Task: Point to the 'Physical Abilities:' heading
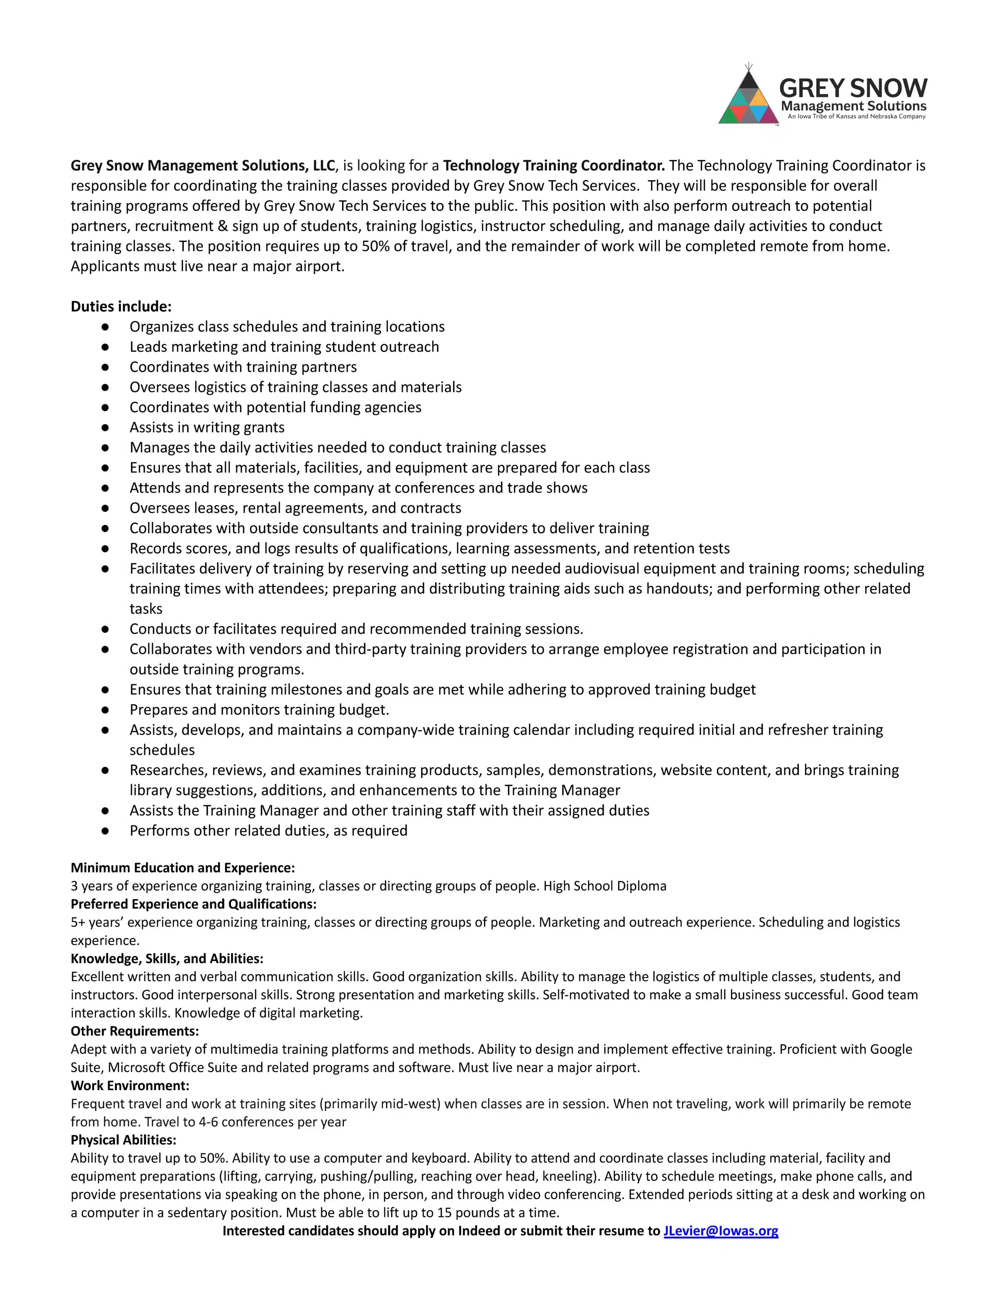click(x=123, y=1140)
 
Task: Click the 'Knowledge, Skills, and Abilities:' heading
click(x=167, y=958)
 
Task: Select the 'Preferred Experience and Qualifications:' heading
click(x=194, y=904)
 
